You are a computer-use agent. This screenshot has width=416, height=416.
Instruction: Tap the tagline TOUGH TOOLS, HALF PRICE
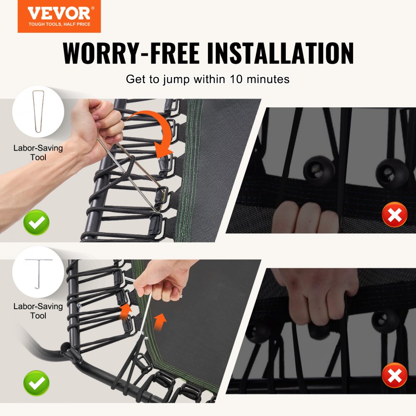pos(59,25)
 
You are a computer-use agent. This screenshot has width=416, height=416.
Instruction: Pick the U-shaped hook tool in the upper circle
pos(38,111)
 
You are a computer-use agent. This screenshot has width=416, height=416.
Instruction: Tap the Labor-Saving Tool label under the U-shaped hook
pos(38,153)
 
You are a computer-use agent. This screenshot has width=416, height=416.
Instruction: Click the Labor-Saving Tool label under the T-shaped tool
pos(38,311)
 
